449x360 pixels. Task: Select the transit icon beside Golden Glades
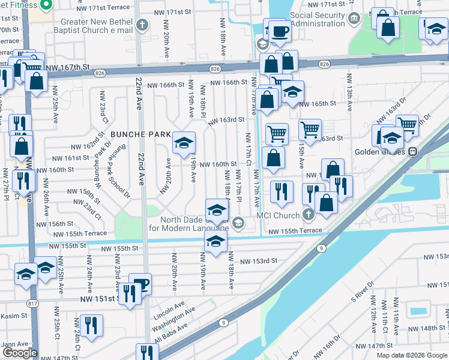(413, 152)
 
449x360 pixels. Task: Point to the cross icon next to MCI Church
(309, 214)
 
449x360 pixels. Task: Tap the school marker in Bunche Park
(184, 143)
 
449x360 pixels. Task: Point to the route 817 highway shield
(31, 304)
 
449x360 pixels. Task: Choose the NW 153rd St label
(259, 261)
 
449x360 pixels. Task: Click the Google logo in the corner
(19, 353)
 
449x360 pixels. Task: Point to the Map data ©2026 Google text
(412, 355)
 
